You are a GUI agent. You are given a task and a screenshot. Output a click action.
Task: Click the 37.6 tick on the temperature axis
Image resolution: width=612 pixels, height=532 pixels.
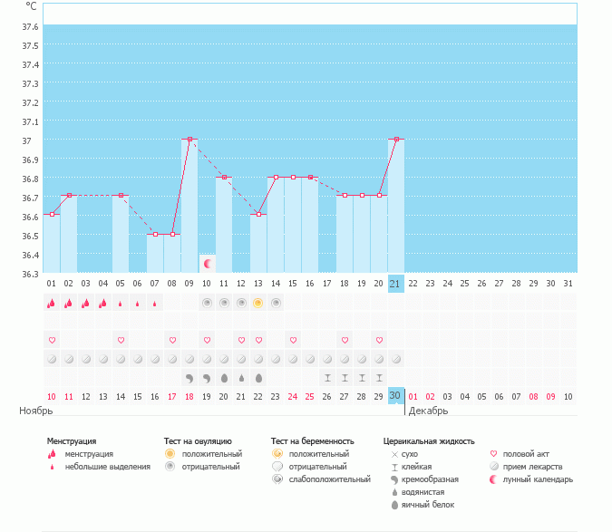[x=30, y=26]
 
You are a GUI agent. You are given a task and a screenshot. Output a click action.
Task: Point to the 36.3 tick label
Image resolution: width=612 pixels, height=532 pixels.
[x=30, y=274]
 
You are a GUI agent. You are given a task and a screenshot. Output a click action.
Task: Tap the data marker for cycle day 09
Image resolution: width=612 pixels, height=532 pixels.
[x=189, y=140]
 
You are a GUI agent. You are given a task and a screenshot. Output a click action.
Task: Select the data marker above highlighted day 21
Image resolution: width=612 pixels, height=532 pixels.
[x=396, y=140]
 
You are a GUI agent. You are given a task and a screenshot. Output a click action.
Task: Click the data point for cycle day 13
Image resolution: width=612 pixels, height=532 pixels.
[x=258, y=215]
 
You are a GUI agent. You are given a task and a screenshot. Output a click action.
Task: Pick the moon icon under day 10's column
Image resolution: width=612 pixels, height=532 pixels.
[x=208, y=264]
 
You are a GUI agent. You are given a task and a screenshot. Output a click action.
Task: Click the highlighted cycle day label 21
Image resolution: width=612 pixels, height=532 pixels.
[x=395, y=284]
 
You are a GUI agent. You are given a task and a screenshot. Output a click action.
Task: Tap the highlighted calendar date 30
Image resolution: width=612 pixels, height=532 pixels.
[x=395, y=396]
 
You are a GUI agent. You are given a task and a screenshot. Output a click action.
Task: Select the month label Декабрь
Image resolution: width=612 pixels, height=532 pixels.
[x=428, y=411]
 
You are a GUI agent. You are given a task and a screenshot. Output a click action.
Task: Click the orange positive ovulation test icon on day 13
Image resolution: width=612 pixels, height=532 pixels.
[x=258, y=303]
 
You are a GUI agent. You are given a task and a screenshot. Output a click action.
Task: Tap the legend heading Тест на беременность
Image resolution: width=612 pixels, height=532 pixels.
[x=312, y=441]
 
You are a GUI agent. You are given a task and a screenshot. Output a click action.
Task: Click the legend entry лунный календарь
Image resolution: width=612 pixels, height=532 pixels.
[x=539, y=479]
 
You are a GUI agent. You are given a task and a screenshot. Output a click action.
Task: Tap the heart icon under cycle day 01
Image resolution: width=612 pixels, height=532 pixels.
[x=52, y=340]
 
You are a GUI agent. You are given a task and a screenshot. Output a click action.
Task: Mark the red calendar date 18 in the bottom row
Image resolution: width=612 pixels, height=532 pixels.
[x=189, y=396]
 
